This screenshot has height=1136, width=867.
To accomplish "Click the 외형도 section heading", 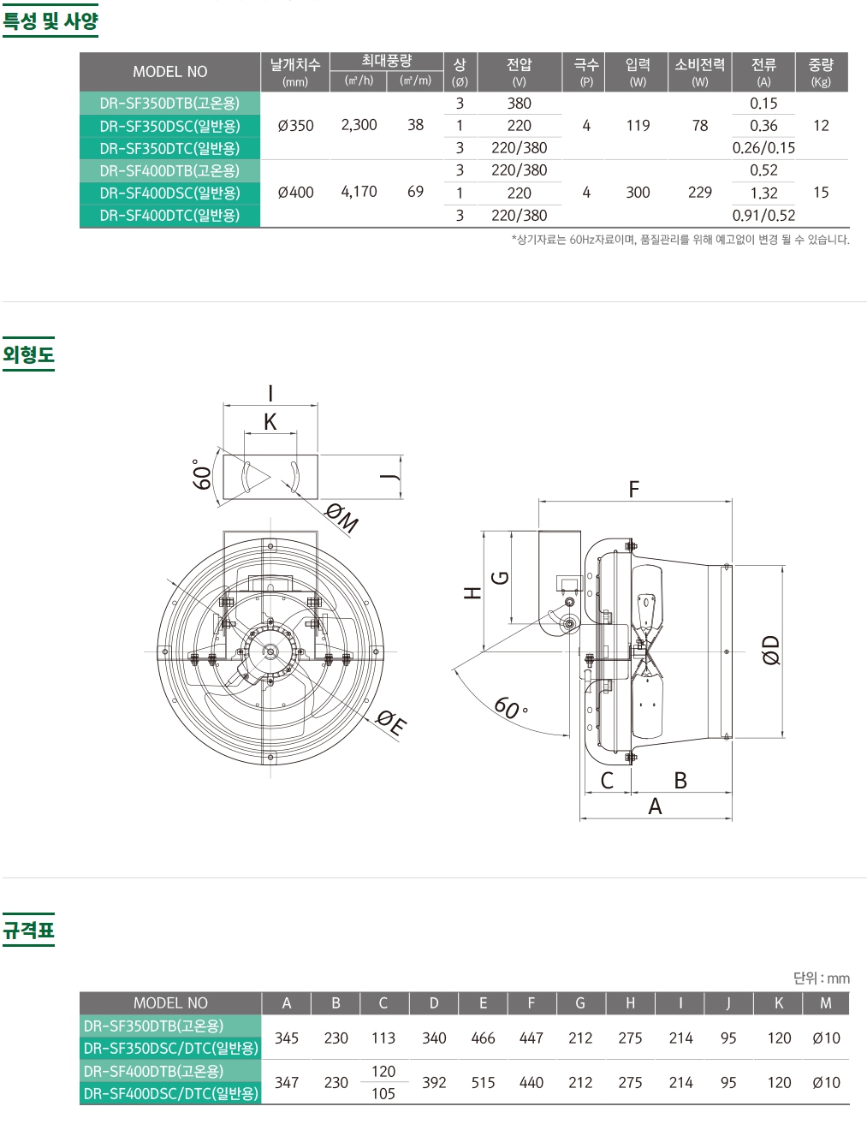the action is point(28,354).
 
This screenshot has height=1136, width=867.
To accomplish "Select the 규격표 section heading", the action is point(28,930).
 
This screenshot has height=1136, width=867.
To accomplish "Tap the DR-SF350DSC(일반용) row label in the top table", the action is point(169,126).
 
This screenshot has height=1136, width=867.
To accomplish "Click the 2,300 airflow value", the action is point(359,125).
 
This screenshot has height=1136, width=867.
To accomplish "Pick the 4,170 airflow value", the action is point(359,192).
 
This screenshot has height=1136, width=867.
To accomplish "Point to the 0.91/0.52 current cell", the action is point(763,215).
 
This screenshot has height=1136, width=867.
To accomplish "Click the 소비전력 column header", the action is point(700,65).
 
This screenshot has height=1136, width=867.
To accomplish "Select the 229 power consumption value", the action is point(700,193).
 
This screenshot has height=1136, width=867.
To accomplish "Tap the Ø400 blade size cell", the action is point(295,193).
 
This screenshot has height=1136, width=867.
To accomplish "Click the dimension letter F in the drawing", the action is point(634,489).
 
